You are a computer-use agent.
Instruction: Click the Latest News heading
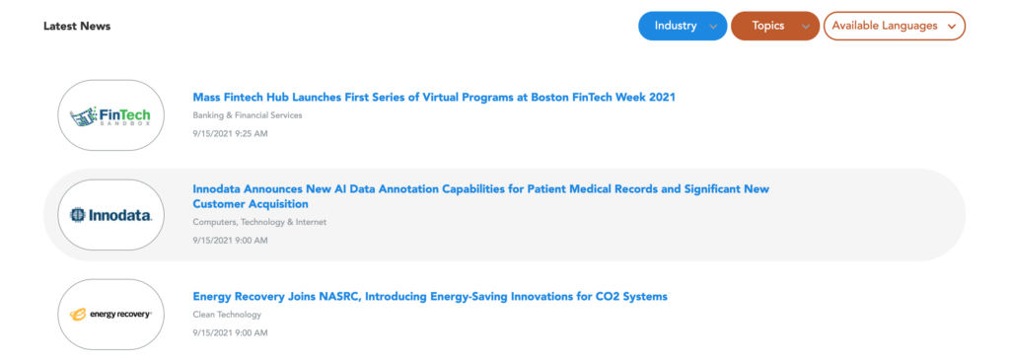click(77, 27)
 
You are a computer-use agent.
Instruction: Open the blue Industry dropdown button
click(683, 26)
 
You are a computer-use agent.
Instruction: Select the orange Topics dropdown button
click(775, 26)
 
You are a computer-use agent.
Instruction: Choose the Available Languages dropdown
click(895, 26)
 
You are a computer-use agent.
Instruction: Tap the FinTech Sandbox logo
click(110, 115)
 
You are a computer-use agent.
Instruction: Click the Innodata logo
click(110, 214)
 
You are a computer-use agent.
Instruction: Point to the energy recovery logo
click(110, 315)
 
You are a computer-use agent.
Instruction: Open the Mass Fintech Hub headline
click(434, 98)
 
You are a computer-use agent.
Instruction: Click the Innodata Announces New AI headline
click(481, 196)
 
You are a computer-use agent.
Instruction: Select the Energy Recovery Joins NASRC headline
click(430, 296)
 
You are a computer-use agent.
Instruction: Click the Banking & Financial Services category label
click(248, 115)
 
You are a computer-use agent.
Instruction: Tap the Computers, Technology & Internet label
click(259, 222)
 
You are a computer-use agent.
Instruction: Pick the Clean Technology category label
click(227, 315)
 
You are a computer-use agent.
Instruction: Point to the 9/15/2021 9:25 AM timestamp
click(230, 134)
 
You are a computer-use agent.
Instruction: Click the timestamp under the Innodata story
click(230, 241)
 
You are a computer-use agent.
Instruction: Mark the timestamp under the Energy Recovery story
click(230, 333)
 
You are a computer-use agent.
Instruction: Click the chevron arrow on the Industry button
click(713, 27)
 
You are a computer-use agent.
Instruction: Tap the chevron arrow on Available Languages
click(952, 27)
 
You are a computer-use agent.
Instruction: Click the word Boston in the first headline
click(549, 98)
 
